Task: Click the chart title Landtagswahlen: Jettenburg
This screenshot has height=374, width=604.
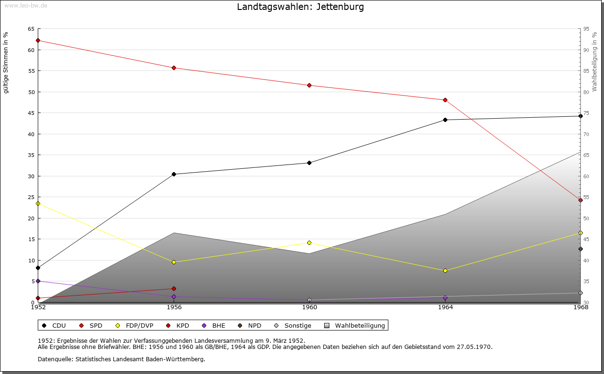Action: (x=301, y=7)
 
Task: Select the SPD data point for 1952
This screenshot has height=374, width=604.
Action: (x=38, y=40)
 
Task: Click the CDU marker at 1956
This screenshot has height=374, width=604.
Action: (x=174, y=174)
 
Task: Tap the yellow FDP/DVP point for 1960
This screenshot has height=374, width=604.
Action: (x=309, y=243)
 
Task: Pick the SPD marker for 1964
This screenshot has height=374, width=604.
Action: (x=445, y=100)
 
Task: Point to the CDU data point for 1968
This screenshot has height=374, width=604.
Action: (x=580, y=116)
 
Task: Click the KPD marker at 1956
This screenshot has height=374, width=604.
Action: (x=174, y=288)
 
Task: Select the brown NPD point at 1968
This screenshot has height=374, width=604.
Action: (x=580, y=249)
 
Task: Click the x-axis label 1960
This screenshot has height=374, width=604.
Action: (x=310, y=307)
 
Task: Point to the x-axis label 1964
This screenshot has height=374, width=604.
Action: (x=445, y=307)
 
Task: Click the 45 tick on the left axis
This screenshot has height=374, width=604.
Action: (x=31, y=113)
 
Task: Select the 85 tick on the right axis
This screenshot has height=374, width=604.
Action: (x=586, y=71)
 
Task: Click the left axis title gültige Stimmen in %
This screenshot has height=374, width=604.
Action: (x=6, y=62)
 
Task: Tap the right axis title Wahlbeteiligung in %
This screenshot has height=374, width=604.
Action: (x=595, y=61)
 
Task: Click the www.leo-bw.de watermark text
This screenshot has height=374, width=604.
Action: (x=25, y=5)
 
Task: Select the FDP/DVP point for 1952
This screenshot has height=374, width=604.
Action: (x=38, y=203)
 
